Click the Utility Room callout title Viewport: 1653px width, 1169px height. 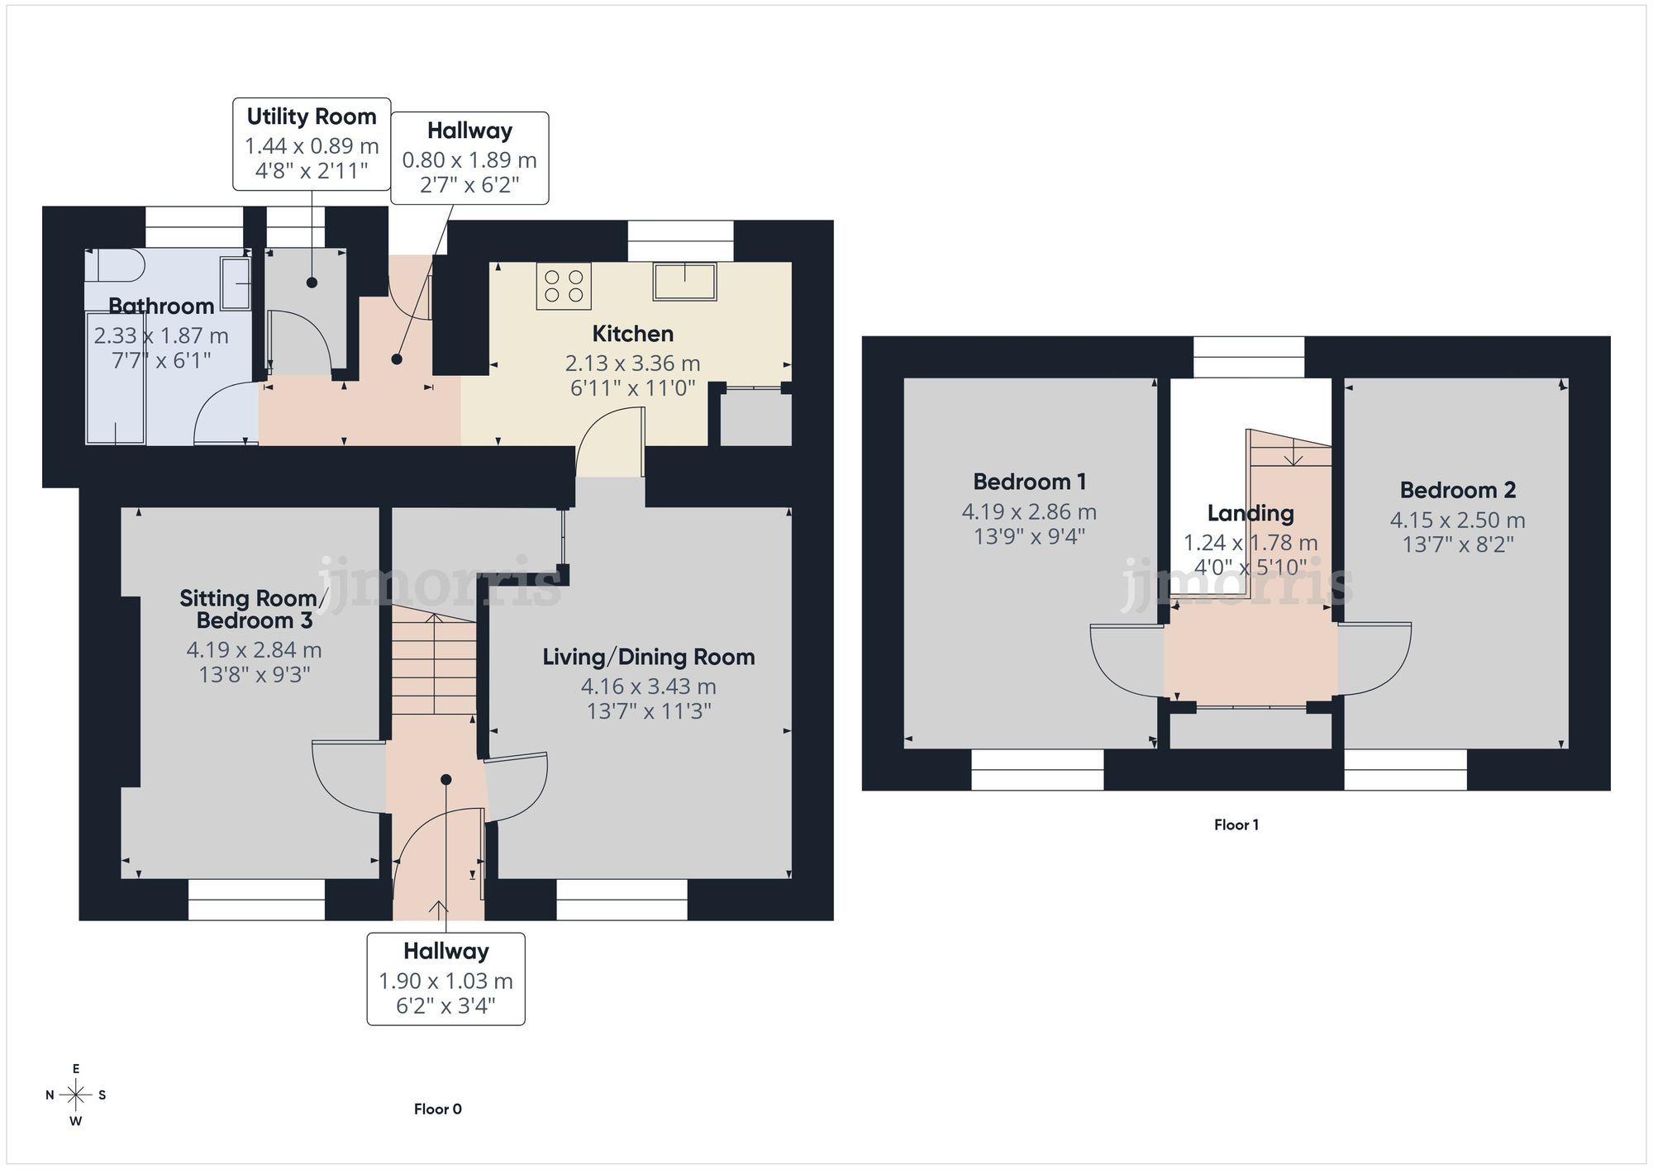[x=312, y=116]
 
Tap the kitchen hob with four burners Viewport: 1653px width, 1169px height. [x=564, y=286]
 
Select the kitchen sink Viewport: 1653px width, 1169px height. [x=684, y=281]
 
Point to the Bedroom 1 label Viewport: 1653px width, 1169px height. [x=1029, y=482]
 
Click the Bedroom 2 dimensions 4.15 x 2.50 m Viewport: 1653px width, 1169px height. [x=1457, y=520]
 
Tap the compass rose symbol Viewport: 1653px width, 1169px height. [x=76, y=1095]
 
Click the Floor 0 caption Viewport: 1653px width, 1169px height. [x=438, y=1109]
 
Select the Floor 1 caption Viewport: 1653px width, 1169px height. [x=1236, y=824]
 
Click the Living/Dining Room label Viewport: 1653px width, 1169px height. [x=649, y=657]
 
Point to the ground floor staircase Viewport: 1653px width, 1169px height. [x=434, y=665]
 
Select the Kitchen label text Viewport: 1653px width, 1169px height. [x=632, y=334]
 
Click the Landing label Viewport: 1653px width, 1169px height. [x=1250, y=513]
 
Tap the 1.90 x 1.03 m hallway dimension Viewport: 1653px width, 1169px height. [x=445, y=981]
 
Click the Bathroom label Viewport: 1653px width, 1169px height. [x=161, y=307]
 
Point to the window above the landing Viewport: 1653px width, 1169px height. [x=1249, y=357]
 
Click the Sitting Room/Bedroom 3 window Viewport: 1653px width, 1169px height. [x=256, y=900]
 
